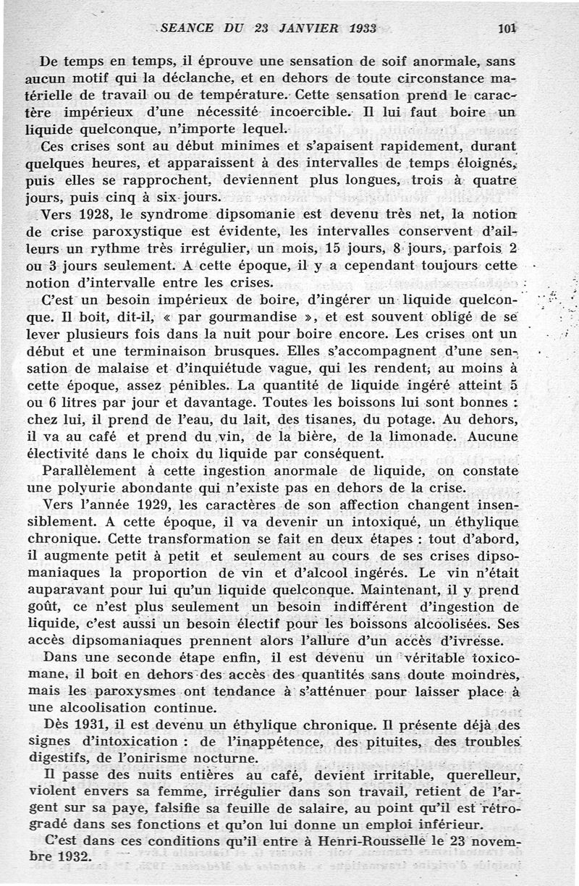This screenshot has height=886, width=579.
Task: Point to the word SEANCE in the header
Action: [187, 29]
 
